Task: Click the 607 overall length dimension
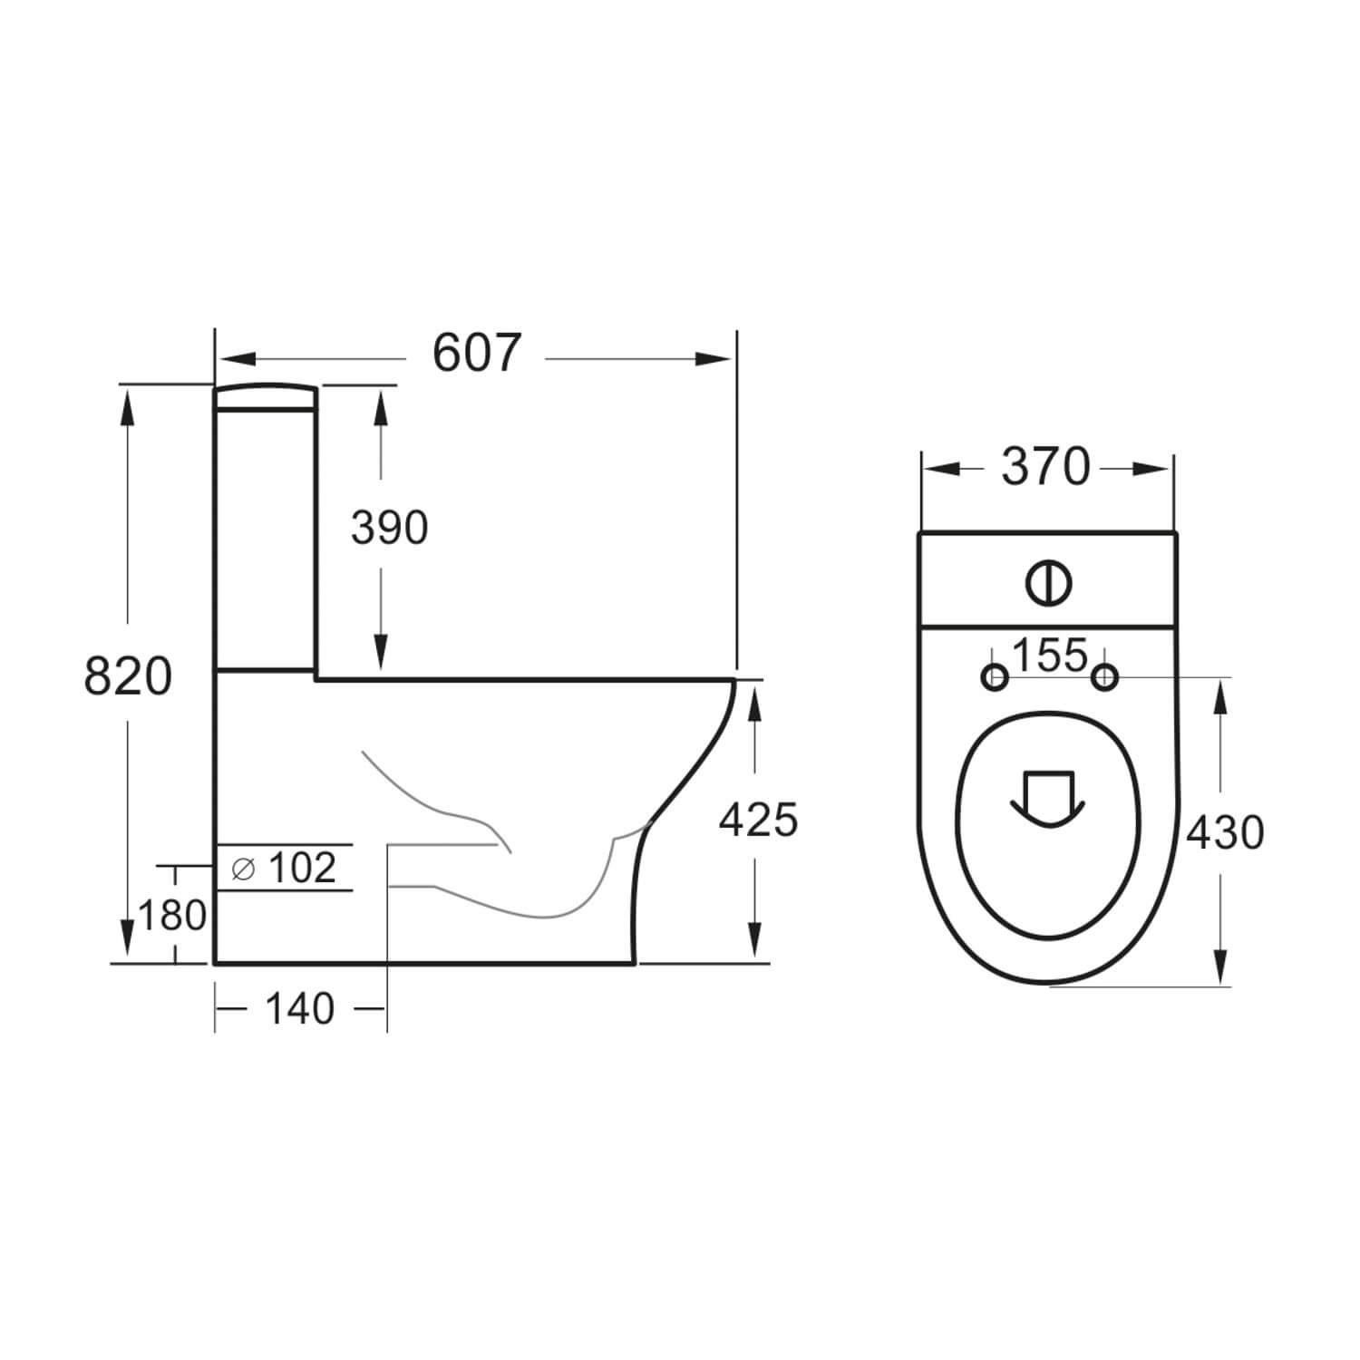[x=477, y=354]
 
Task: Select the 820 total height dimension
[x=128, y=676]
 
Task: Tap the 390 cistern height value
[x=389, y=528]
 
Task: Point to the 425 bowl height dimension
[x=758, y=820]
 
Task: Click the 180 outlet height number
[x=172, y=916]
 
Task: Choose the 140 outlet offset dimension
[x=299, y=1009]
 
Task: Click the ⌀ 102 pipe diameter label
[x=284, y=868]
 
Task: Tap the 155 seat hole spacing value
[x=1049, y=656]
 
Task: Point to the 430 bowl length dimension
[x=1225, y=832]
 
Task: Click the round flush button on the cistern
[x=1049, y=582]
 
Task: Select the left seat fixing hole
[x=995, y=677]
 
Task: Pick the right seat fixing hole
[x=1104, y=677]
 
